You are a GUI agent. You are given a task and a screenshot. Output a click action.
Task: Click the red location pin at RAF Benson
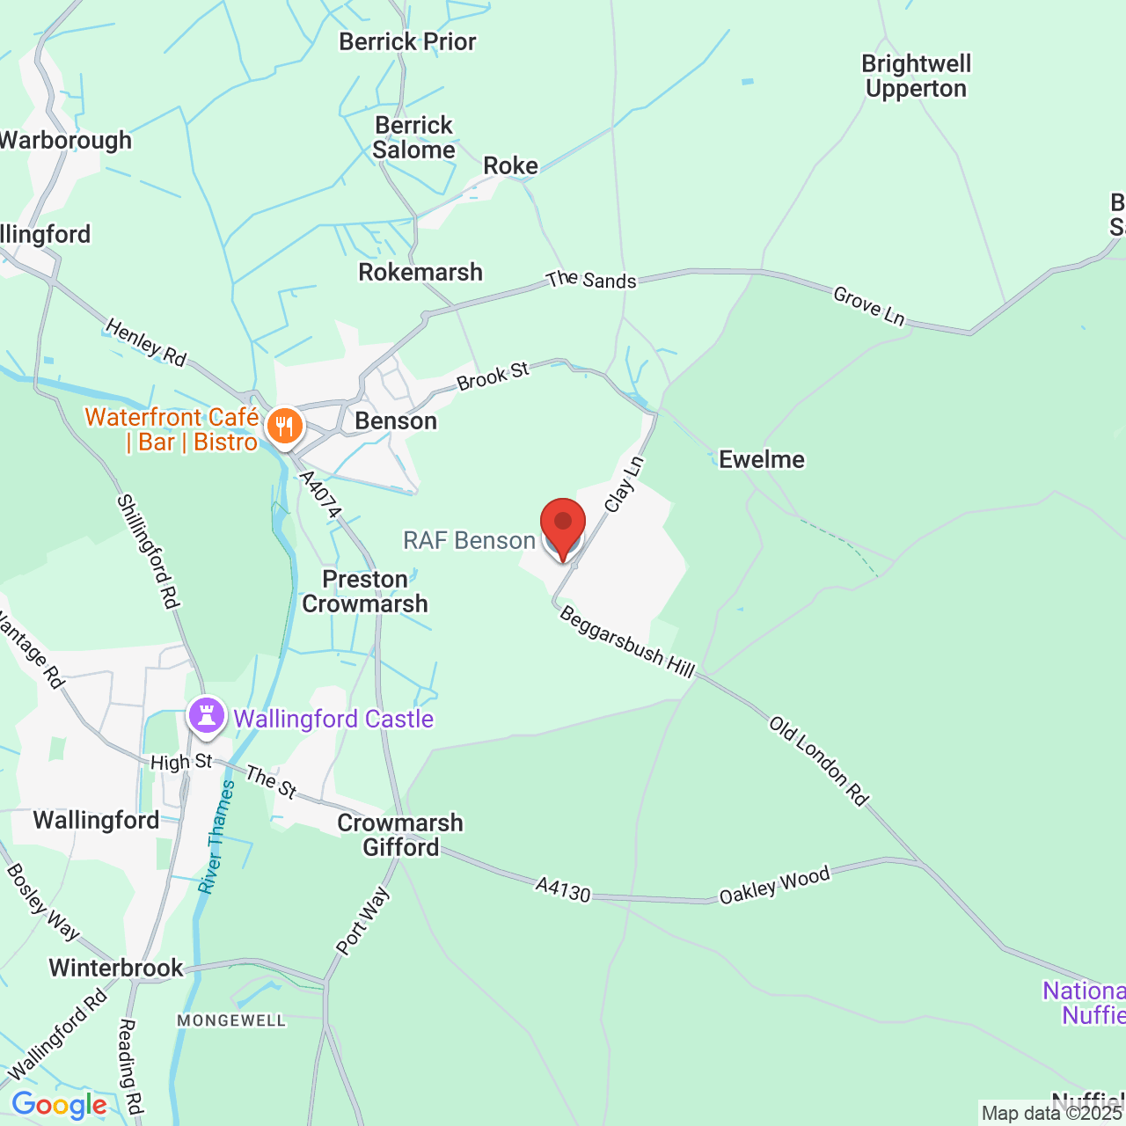coord(562,526)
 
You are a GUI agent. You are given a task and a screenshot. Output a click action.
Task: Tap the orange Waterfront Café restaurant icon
coord(284,427)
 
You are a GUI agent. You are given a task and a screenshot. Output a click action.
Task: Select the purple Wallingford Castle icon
coord(207,717)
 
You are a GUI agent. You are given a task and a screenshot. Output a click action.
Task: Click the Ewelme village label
coord(762,459)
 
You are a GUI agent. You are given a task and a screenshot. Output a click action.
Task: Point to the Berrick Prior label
coord(407,41)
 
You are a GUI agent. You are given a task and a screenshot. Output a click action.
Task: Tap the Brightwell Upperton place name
coord(917,77)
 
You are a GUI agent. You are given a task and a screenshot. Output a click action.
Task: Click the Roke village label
coord(510,165)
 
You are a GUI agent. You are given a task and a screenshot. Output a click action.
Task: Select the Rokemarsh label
coord(420,272)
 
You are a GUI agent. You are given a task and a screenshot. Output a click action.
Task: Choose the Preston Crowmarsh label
coord(365,591)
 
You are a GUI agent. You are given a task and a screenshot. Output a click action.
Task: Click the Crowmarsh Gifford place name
coord(400,835)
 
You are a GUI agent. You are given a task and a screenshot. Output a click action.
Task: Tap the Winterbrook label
coord(116,968)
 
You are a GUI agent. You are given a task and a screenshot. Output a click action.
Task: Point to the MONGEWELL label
coord(231,1020)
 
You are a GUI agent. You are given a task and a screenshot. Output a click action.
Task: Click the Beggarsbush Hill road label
coord(627,643)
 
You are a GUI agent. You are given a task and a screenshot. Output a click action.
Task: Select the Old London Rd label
coord(819,761)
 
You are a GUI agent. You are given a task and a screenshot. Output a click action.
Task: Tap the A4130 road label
coord(563,890)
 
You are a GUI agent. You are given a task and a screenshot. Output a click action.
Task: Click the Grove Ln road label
coord(869,306)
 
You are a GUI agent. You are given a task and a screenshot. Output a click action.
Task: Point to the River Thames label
coord(216,837)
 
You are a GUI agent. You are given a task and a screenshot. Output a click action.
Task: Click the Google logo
coord(60,1105)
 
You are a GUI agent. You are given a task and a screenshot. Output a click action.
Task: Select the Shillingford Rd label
coord(149,552)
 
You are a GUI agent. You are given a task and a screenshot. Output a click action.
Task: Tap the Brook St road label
coord(494,376)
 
